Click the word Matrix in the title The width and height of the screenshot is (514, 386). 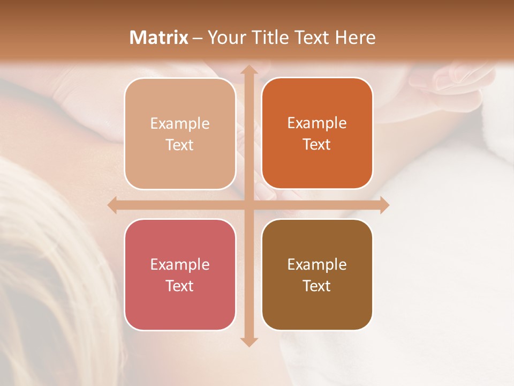(x=158, y=38)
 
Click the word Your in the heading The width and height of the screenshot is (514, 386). (x=224, y=38)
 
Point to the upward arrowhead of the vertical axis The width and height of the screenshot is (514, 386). (x=248, y=70)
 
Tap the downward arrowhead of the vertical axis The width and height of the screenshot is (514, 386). (x=248, y=342)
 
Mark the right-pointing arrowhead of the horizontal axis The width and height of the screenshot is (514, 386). (x=384, y=205)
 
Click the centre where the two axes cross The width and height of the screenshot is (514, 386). (x=248, y=205)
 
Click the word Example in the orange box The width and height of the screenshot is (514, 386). (x=317, y=123)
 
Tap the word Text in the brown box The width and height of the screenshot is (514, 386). (x=317, y=286)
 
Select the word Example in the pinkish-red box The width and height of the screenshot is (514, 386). (x=180, y=264)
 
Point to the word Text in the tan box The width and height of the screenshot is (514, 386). (x=180, y=145)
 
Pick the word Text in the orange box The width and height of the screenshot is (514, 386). (x=317, y=145)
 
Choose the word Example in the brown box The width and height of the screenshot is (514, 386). (x=317, y=264)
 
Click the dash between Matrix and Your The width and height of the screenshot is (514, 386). (x=198, y=38)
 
